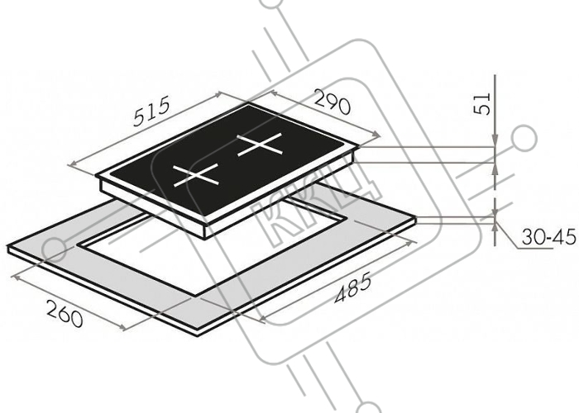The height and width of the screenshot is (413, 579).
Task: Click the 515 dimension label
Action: tap(152, 111)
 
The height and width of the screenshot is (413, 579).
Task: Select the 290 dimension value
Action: tap(332, 102)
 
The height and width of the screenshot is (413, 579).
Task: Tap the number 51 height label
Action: tap(482, 103)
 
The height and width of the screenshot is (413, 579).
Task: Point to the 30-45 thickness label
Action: tap(548, 237)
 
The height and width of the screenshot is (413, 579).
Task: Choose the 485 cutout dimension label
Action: tap(352, 288)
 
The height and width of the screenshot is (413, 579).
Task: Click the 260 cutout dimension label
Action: tap(65, 313)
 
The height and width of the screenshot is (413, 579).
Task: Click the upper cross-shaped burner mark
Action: tap(260, 145)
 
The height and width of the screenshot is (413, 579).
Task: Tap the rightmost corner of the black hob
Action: tap(358, 146)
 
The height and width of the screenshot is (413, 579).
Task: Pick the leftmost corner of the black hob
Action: tap(96, 176)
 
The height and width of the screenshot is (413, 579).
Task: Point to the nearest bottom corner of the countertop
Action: tap(198, 335)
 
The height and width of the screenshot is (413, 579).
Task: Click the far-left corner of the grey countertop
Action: tap(7, 245)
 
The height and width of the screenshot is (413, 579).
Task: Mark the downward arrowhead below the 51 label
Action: tap(495, 141)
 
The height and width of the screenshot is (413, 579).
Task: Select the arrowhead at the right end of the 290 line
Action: tap(376, 135)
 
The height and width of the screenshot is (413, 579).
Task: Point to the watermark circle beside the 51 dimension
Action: tap(524, 138)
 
